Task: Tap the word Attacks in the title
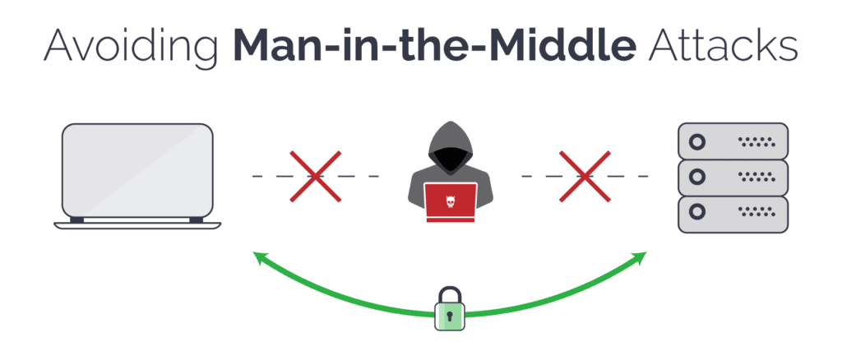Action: (x=723, y=44)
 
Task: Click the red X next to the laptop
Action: (x=315, y=176)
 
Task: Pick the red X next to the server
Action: (x=585, y=176)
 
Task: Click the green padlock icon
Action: (x=449, y=309)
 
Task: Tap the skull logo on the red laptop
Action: (x=450, y=201)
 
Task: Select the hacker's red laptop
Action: (x=450, y=202)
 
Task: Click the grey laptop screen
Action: (x=138, y=170)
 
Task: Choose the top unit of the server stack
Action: (x=733, y=141)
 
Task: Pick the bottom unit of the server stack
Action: (x=733, y=214)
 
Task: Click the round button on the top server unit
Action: (x=697, y=142)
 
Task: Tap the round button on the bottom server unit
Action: (x=697, y=212)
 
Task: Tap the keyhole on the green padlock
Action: (x=449, y=316)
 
